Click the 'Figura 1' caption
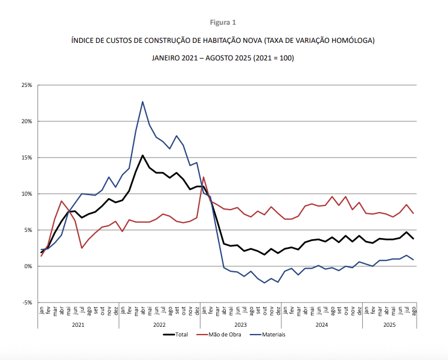pyautogui.click(x=223, y=22)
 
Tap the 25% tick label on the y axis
pyautogui.click(x=26, y=85)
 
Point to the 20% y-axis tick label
pyautogui.click(x=26, y=121)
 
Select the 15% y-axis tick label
pyautogui.click(x=26, y=158)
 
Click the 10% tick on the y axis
pyautogui.click(x=26, y=194)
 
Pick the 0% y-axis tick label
pyautogui.click(x=28, y=266)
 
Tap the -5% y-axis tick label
pyautogui.click(x=27, y=303)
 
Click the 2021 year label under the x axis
pyautogui.click(x=78, y=324)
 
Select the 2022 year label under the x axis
pyautogui.click(x=159, y=324)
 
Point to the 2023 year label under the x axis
pyautogui.click(x=240, y=324)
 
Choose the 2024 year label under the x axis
pyautogui.click(x=321, y=324)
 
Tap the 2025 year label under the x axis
pyautogui.click(x=389, y=324)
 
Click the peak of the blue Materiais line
pyautogui.click(x=142, y=101)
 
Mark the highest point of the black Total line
pyautogui.click(x=142, y=155)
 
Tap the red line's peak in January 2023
pyautogui.click(x=203, y=177)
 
